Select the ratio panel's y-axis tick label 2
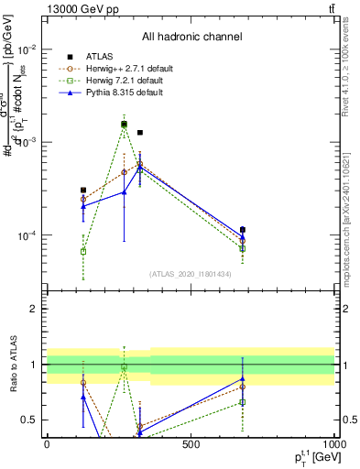coord(35,309)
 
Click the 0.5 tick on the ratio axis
coord(31,420)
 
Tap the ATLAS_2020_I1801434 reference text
coord(191,274)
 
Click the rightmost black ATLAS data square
coord(243,230)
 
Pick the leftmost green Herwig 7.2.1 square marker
coord(83,251)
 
